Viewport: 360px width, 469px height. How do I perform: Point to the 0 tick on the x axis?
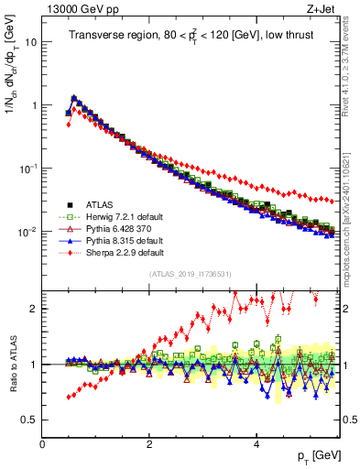coord(42,443)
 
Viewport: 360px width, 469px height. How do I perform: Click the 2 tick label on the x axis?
coord(149,443)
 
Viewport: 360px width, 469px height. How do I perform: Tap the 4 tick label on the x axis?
coord(256,443)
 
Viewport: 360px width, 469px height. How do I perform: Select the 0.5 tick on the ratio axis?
coord(29,420)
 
